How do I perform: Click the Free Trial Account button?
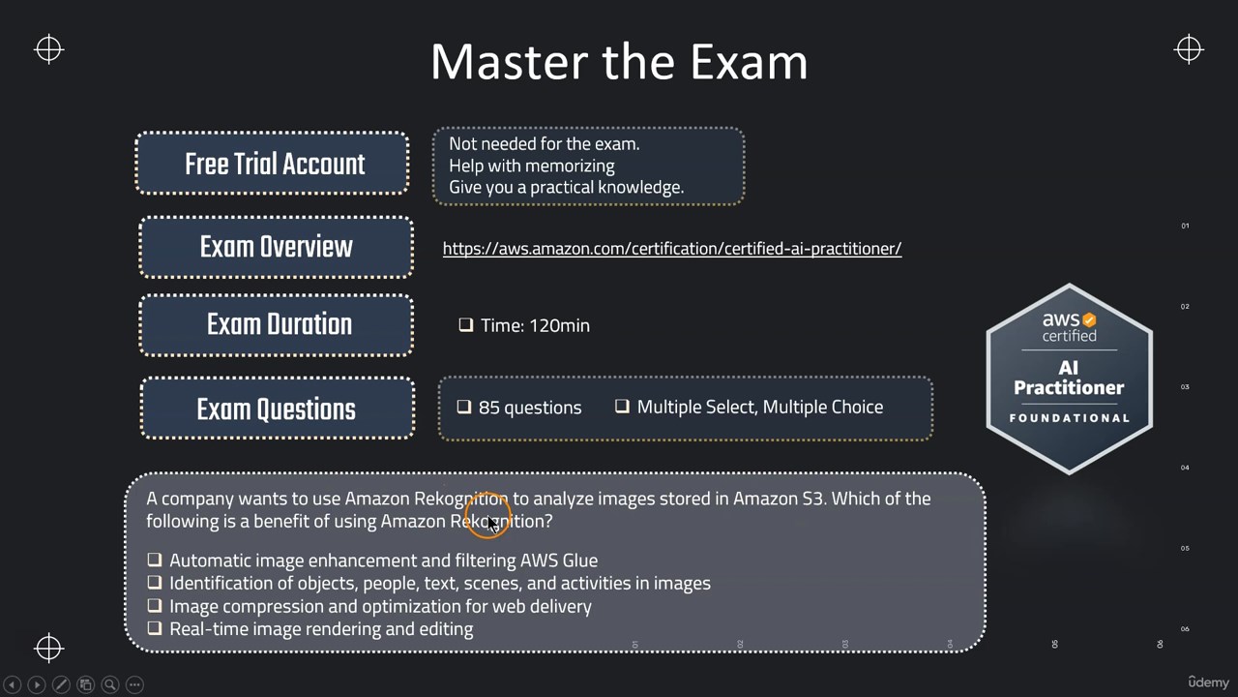pos(272,164)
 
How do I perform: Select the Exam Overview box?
pos(277,247)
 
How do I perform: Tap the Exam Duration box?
pos(277,324)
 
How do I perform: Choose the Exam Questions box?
pos(278,409)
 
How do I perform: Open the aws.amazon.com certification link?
pos(672,249)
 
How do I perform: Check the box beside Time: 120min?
pos(466,324)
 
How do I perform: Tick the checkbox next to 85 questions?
pos(464,408)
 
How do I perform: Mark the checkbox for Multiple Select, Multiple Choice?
pos(622,407)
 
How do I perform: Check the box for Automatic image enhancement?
pos(155,560)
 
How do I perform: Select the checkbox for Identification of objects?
pos(155,583)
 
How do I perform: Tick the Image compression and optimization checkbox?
pos(155,606)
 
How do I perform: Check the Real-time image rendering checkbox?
pos(155,628)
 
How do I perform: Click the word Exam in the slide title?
pos(749,62)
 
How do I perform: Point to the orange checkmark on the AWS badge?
pos(1089,319)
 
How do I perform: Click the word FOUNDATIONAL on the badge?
pos(1070,418)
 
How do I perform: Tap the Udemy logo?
pos(1208,682)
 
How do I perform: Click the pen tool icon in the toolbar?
pos(61,684)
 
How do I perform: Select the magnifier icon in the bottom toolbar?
pos(110,684)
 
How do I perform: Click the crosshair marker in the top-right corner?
pos(1189,49)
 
